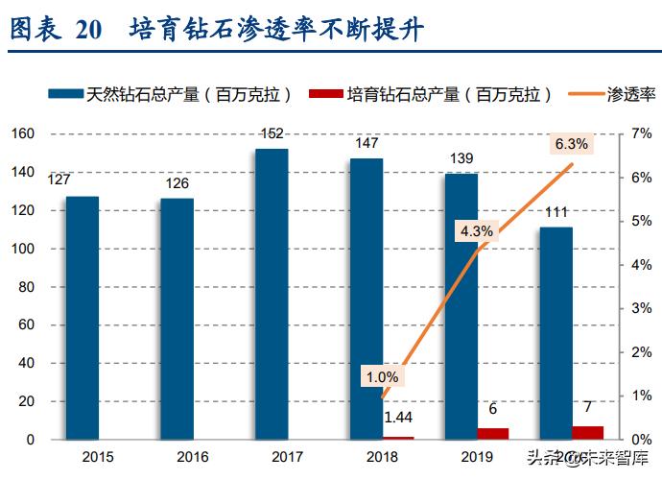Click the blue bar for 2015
coord(82,318)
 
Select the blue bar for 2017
coord(272,294)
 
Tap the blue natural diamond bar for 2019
coord(461,306)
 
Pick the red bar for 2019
coord(493,434)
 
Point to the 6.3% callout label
coord(573,144)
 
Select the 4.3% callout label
coord(476,230)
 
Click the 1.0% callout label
coord(381,376)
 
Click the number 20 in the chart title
coord(87,30)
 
